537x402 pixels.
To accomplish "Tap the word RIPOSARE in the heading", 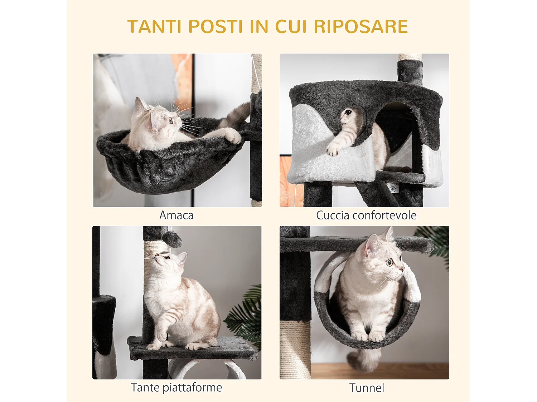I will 361,27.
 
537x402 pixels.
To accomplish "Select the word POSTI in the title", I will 216,27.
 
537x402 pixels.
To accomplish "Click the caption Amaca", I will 176,215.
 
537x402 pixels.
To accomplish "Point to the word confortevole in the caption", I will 384,215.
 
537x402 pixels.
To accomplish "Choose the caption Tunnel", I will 367,388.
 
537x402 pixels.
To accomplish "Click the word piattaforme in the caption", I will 192,388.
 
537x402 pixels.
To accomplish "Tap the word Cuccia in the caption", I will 333,215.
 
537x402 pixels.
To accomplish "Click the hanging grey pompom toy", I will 172,239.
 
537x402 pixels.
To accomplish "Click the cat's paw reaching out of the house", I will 333,149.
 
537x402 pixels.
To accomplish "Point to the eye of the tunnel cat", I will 390,263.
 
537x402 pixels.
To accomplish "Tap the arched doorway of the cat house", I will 394,136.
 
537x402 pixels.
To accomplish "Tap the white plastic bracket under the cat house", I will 393,188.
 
